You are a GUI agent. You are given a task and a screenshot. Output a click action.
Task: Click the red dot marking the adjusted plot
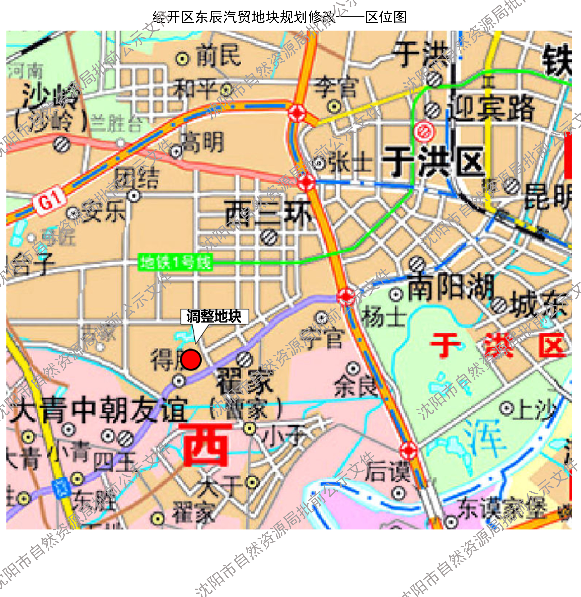(x=191, y=360)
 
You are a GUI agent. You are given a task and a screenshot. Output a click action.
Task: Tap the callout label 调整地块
(x=214, y=316)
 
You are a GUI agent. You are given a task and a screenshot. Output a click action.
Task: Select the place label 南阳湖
(x=451, y=287)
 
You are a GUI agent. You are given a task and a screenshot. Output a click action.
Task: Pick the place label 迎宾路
(x=491, y=109)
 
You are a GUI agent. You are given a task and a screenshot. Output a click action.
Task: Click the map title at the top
(x=279, y=17)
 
